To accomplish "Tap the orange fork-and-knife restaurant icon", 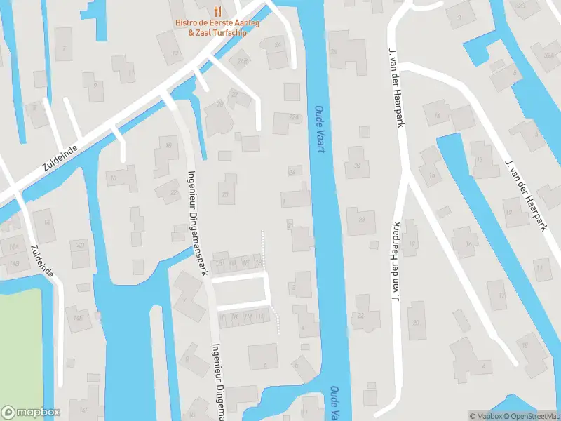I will click(x=218, y=11).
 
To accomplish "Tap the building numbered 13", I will click(x=170, y=52).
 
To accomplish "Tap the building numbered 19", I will click(x=412, y=243).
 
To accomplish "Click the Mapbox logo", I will click(x=31, y=413).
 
